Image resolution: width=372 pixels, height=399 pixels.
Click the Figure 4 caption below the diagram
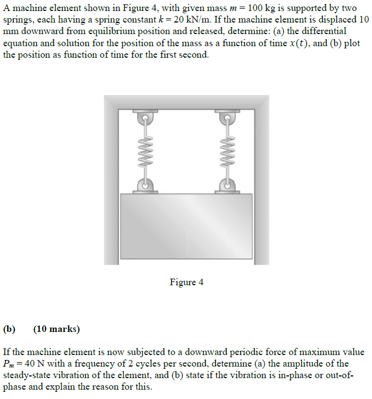(x=187, y=282)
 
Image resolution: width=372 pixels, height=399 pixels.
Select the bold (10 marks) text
(x=57, y=329)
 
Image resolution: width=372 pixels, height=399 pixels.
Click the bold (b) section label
(x=9, y=329)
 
